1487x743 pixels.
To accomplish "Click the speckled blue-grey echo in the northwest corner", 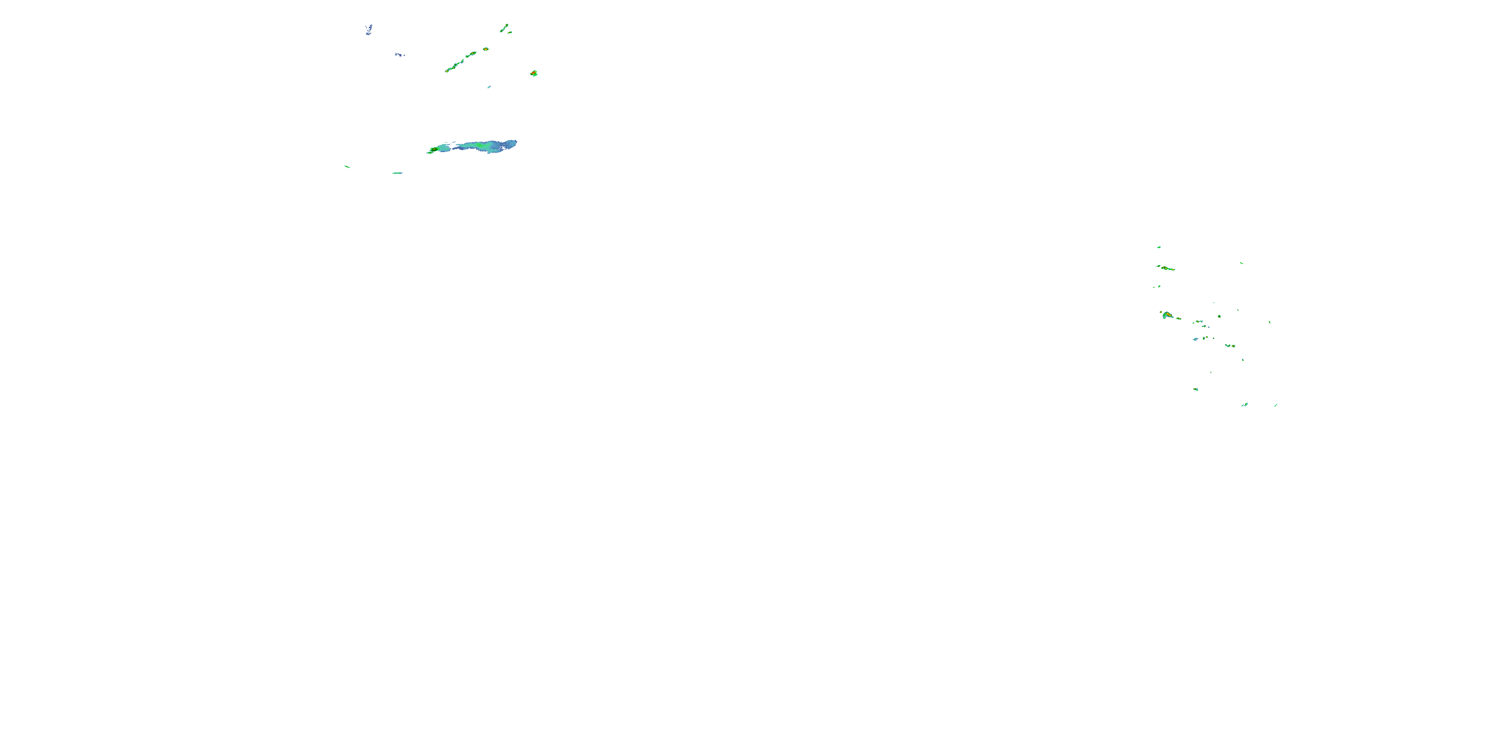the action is [368, 29].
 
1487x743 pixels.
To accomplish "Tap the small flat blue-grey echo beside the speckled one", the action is [399, 55].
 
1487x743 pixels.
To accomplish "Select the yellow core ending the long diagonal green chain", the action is [448, 70].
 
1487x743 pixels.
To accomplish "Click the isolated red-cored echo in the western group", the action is [534, 73].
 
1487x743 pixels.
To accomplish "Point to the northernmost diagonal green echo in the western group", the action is [505, 27].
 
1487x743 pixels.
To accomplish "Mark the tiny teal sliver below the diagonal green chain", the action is [489, 87].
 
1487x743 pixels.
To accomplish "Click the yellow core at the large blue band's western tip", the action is [432, 150].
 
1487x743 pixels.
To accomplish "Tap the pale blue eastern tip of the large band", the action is [511, 143].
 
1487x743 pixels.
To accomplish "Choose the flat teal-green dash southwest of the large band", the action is [397, 173].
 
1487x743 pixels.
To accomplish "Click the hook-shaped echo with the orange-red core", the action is [1167, 315].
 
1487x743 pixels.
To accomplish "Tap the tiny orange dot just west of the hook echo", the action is [1161, 313].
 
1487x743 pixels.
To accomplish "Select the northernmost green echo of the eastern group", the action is [1158, 247].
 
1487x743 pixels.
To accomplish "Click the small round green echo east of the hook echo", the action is [1219, 316].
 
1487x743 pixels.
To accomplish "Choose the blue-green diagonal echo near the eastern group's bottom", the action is [1245, 404].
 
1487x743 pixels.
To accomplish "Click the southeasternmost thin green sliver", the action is [1276, 405].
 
